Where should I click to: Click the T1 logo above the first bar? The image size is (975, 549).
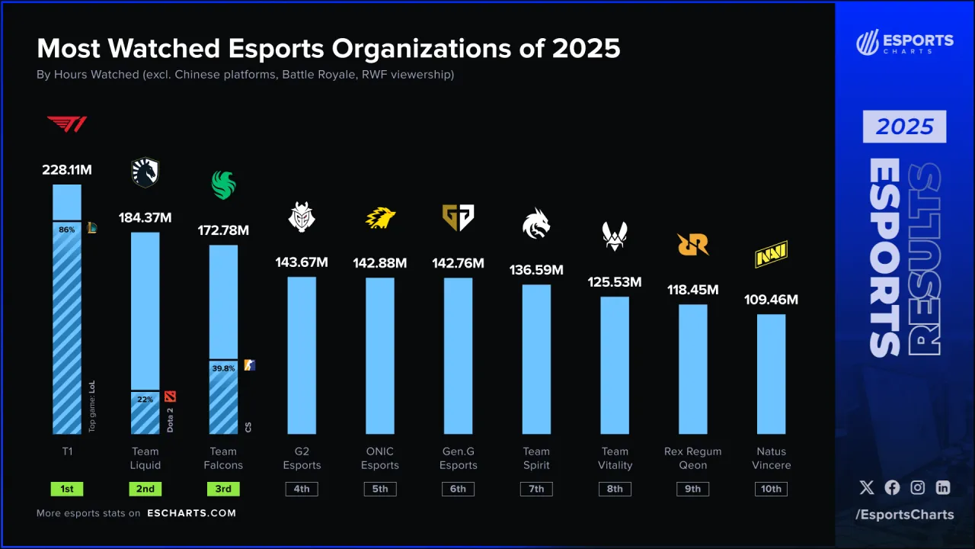[x=67, y=124]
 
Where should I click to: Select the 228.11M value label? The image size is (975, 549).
[x=67, y=170]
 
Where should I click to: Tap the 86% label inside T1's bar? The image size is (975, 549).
[x=66, y=229]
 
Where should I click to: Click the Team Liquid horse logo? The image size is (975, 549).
[x=145, y=173]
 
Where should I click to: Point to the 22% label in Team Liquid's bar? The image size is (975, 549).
[x=145, y=398]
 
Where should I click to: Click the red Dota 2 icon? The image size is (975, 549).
[x=170, y=396]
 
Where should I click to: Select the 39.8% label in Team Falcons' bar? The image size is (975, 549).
[x=222, y=368]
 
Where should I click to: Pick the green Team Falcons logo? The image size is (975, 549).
[x=223, y=185]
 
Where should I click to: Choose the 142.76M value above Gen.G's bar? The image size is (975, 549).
[x=458, y=263]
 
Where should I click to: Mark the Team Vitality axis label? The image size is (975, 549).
[x=615, y=458]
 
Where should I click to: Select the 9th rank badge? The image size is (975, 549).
[x=692, y=489]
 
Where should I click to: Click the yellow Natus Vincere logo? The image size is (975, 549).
[x=771, y=255]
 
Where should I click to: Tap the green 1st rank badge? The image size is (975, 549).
[x=67, y=489]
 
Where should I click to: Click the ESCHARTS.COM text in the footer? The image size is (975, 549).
[x=191, y=513]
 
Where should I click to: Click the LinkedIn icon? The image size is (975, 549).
[x=943, y=487]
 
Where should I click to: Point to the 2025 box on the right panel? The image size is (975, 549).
[x=904, y=127]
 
